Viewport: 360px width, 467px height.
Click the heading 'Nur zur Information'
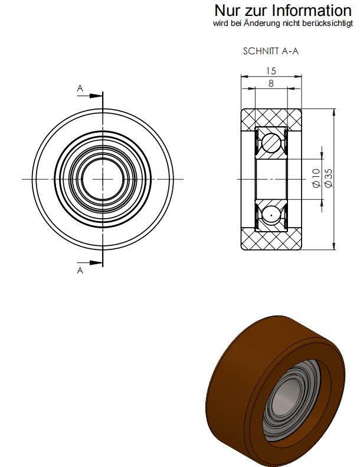coord(283,10)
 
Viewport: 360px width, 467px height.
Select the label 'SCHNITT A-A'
coord(271,51)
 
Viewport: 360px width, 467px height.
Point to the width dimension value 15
coord(271,71)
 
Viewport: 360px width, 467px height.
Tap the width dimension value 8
coord(271,84)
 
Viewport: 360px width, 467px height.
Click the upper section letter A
coord(80,88)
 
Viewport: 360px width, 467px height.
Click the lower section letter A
coord(80,270)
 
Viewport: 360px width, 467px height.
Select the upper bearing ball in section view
coord(271,142)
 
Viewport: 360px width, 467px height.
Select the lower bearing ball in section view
coord(271,215)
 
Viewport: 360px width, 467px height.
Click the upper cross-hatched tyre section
coord(271,117)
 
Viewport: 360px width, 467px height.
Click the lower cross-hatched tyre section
coord(271,238)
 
